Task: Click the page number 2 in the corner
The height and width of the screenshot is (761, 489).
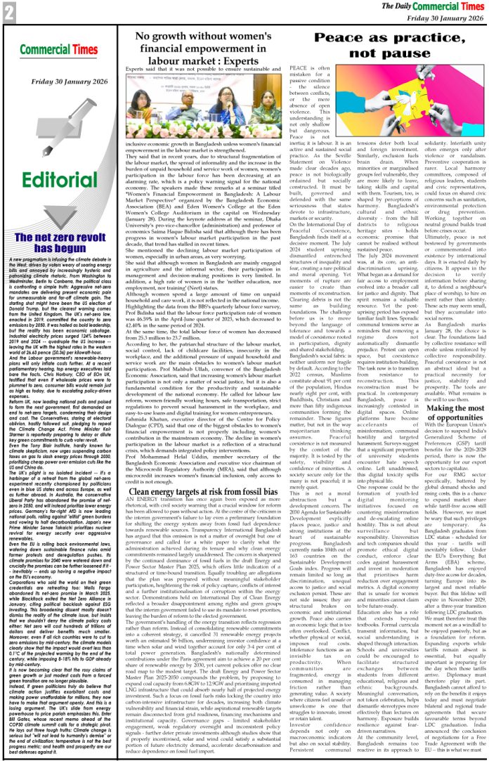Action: [9, 11]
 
